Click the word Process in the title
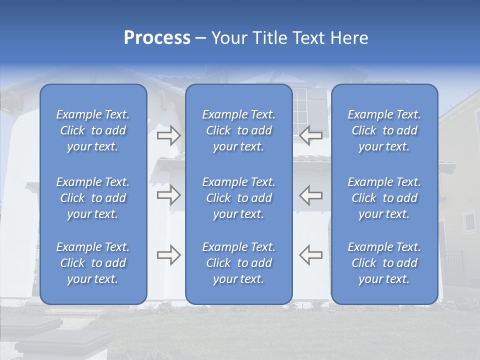157,38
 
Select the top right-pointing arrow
169,135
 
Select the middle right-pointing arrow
169,195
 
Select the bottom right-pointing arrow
169,255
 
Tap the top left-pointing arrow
311,135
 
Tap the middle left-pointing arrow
311,195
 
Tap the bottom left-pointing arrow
311,255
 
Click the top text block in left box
93,130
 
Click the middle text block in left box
93,198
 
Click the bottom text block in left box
93,263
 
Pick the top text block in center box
238,130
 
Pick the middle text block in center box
238,198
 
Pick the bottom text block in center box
238,263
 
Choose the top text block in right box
384,130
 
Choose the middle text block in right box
384,198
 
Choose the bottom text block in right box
384,263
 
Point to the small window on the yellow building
469,221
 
